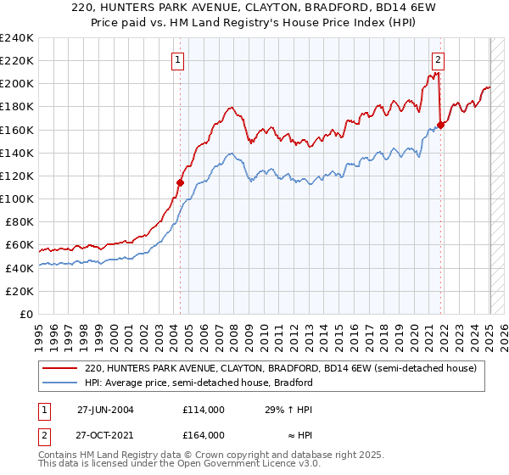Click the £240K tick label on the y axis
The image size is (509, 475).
[17, 38]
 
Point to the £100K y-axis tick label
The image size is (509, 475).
[17, 198]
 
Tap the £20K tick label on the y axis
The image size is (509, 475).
[20, 291]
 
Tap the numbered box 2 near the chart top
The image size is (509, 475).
[438, 59]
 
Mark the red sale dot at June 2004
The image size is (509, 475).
[180, 182]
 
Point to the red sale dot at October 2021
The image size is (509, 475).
[440, 125]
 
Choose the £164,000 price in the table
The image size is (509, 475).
[203, 435]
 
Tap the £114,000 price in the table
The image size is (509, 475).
[203, 409]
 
